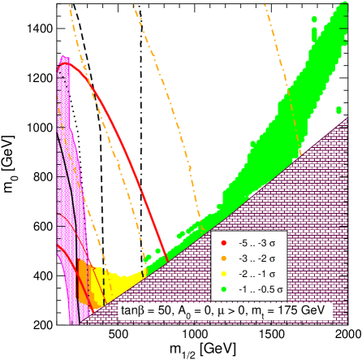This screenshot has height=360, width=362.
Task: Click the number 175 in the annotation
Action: click(282, 310)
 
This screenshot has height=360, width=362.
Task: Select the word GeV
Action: click(310, 310)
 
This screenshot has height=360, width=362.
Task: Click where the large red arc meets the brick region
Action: click(167, 258)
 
